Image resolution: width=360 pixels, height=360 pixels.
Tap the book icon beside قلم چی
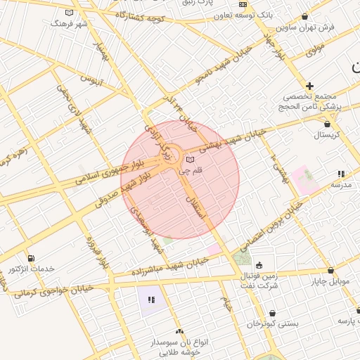(190, 160)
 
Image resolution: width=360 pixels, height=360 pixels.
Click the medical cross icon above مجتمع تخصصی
(309, 86)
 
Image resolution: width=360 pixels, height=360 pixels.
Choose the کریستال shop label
(326, 134)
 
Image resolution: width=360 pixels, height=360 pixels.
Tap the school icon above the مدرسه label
(341, 173)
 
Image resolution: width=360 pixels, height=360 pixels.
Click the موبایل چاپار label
(330, 281)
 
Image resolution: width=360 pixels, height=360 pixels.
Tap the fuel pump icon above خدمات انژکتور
(30, 258)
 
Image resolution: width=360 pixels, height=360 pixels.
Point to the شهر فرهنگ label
(68, 23)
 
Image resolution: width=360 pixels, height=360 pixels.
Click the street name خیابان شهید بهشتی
(232, 140)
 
